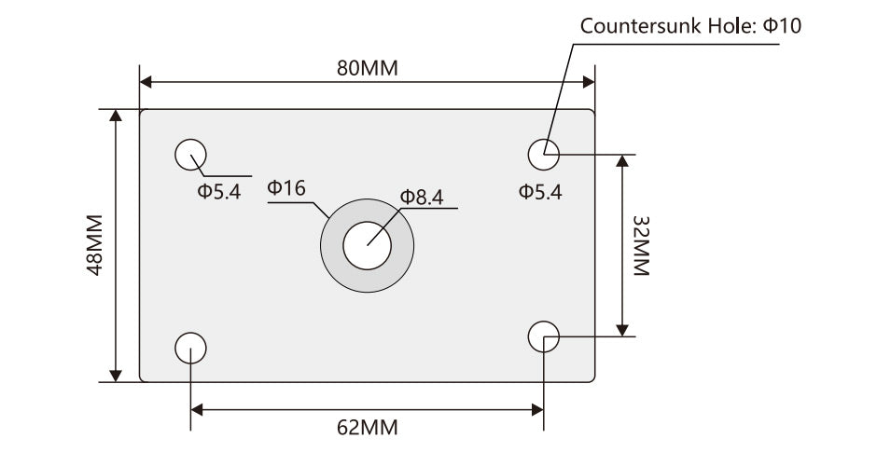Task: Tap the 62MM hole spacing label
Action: [367, 428]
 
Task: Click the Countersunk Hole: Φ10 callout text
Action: [690, 25]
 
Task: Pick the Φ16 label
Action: [286, 188]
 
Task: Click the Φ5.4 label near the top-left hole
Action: [219, 192]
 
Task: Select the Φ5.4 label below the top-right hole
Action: [541, 192]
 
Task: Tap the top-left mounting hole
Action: [191, 154]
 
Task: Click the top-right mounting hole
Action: [543, 153]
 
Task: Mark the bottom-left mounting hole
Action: [191, 347]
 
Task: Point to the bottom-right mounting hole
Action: [543, 336]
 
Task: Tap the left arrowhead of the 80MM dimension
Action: [146, 83]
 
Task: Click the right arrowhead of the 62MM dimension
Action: [536, 408]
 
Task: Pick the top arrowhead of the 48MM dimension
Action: [116, 116]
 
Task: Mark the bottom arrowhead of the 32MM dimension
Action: [623, 328]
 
